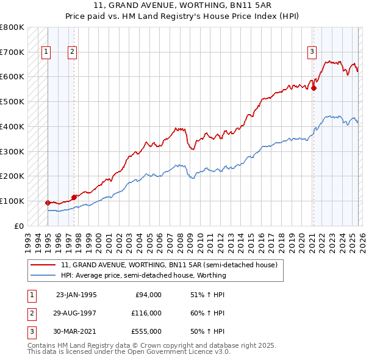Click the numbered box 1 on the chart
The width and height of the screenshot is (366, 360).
point(46,52)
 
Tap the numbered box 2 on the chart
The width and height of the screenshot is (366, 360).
point(72,52)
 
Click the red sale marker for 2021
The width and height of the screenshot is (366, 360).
point(314,88)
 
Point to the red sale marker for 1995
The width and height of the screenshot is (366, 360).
point(48,202)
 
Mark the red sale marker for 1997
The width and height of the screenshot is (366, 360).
point(74,196)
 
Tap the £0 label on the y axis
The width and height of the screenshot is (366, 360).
point(19,226)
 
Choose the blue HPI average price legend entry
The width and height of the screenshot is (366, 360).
point(143,275)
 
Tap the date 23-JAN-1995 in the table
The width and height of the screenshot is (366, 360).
point(76,294)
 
